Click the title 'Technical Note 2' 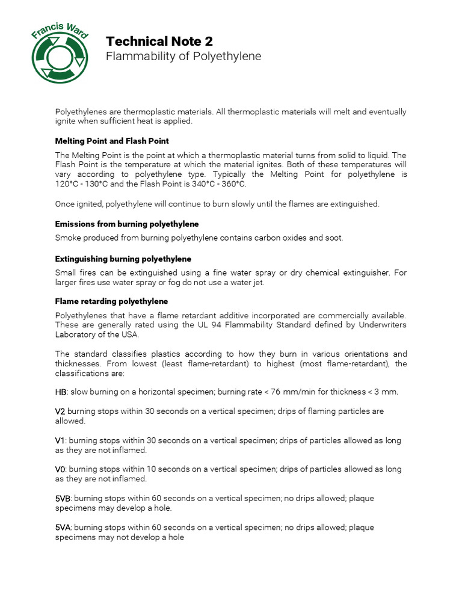(159, 41)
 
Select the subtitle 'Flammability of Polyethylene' (183, 57)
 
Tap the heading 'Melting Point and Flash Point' (112, 141)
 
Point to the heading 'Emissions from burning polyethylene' (127, 224)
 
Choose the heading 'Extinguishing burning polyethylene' (123, 259)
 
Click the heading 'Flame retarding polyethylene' (111, 301)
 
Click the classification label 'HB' (61, 392)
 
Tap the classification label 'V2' (60, 411)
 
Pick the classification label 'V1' (60, 440)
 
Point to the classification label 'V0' (60, 469)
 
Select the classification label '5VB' (63, 498)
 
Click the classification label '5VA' (63, 528)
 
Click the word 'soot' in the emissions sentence (332, 238)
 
